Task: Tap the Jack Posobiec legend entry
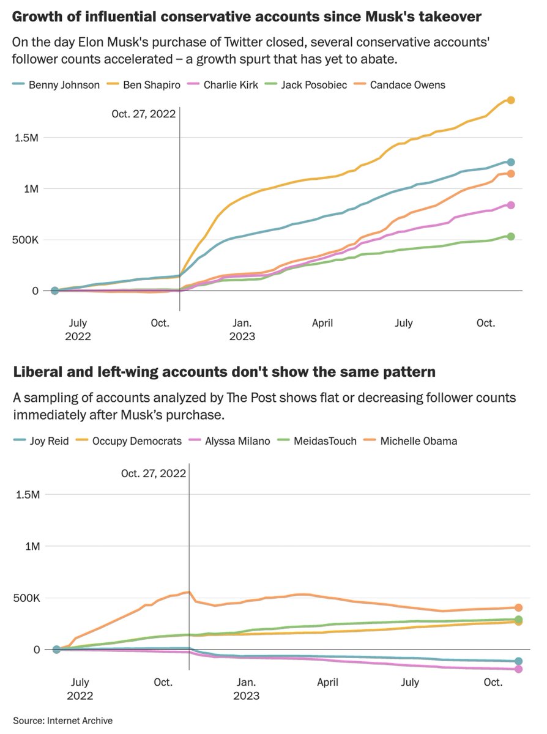[x=310, y=84]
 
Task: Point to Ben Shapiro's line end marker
[x=511, y=100]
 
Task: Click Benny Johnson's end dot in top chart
[x=511, y=162]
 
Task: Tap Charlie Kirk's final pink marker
[x=511, y=206]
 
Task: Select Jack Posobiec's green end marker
[x=511, y=236]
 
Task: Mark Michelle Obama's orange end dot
[x=518, y=608]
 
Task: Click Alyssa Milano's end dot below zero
[x=518, y=669]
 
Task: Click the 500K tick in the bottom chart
[x=27, y=598]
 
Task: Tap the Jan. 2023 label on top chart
[x=242, y=329]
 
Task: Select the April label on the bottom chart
[x=328, y=682]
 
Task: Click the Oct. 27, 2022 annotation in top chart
[x=143, y=113]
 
